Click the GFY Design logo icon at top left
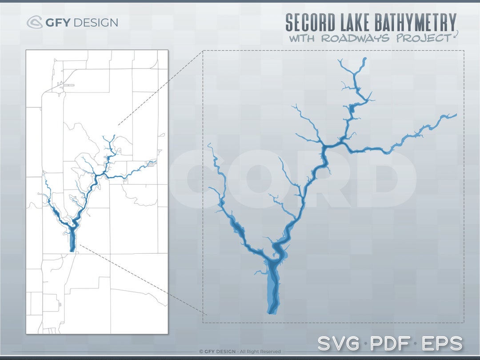click(35, 22)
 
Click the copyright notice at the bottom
click(240, 352)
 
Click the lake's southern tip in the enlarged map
click(270, 313)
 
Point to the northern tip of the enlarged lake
click(364, 59)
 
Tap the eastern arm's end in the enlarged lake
click(455, 115)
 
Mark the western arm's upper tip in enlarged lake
click(209, 144)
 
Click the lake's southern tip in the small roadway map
click(72, 251)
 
